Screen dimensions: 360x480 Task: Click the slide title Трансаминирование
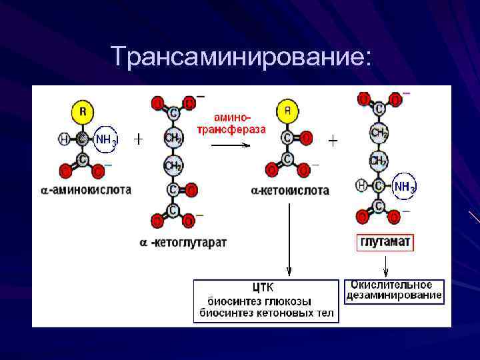pyautogui.click(x=239, y=56)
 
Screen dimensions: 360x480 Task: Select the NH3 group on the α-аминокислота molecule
pyautogui.click(x=105, y=139)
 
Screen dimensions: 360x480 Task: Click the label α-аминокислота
pyautogui.click(x=86, y=190)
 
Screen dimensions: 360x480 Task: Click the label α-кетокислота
pyautogui.click(x=291, y=191)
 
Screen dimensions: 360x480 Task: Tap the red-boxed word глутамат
pyautogui.click(x=385, y=242)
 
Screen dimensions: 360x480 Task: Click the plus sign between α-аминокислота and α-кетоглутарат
pyautogui.click(x=139, y=139)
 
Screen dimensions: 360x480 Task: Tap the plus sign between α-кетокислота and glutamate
pyautogui.click(x=333, y=141)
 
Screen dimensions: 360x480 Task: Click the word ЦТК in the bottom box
pyautogui.click(x=262, y=289)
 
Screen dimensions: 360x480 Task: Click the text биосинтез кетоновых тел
pyautogui.click(x=267, y=313)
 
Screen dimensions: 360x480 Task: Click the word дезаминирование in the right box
pyautogui.click(x=394, y=295)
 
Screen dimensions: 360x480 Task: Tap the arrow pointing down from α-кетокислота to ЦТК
pyautogui.click(x=289, y=240)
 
